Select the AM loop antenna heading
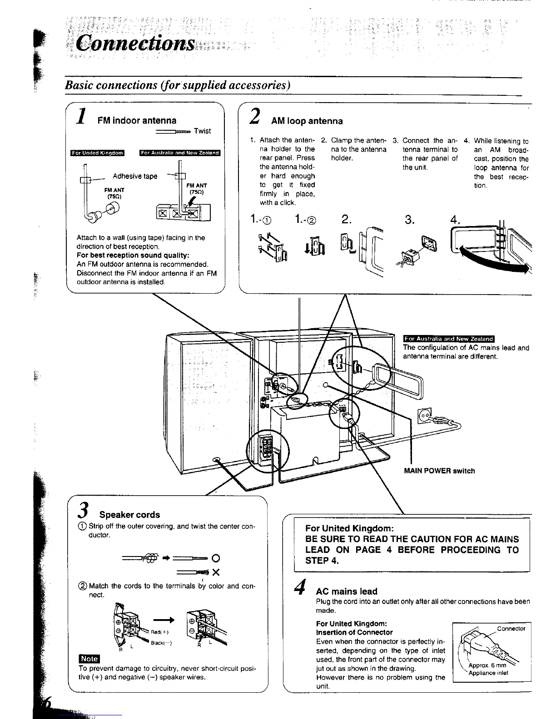tap(307, 121)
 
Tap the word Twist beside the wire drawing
tap(202, 131)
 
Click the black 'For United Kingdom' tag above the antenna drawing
tap(97, 153)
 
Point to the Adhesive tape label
tap(135, 176)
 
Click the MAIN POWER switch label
tap(439, 471)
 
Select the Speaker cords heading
tap(129, 515)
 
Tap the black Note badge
tap(89, 659)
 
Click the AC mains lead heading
tap(346, 591)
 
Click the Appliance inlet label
tap(488, 673)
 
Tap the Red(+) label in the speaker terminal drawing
tap(157, 632)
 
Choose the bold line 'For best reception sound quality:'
tap(133, 255)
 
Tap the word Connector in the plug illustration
tap(511, 629)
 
